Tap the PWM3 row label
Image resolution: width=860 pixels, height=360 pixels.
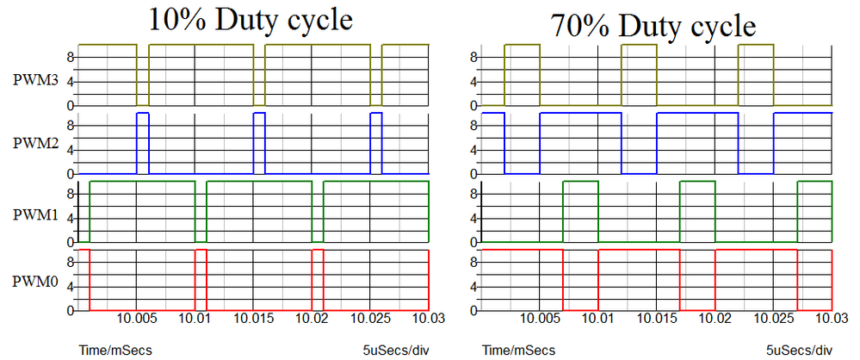(x=35, y=80)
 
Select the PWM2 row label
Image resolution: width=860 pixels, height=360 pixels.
(x=35, y=144)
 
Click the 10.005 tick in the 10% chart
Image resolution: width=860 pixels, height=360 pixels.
(x=137, y=318)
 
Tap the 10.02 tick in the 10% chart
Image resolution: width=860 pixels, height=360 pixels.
(x=312, y=318)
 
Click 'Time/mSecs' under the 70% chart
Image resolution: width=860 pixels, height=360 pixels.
(x=519, y=350)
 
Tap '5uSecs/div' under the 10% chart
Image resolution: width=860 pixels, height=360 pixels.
(x=395, y=350)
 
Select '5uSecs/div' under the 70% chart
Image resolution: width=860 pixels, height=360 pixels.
(x=799, y=350)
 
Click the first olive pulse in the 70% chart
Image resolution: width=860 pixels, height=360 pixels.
(x=522, y=74)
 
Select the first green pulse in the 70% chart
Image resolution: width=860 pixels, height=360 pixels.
(x=580, y=211)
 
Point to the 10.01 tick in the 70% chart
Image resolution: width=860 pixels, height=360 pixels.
(x=597, y=318)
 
